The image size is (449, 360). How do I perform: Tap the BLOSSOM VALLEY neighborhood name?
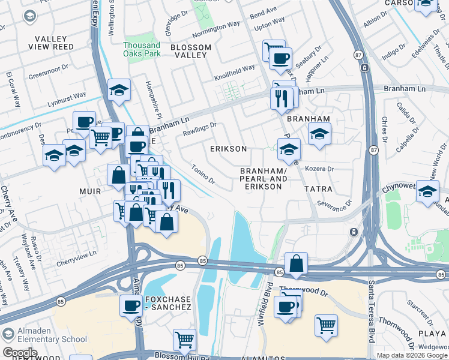pos(191,51)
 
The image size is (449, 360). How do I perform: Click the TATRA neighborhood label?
pos(318,189)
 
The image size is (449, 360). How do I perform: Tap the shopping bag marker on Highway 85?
pos(297,263)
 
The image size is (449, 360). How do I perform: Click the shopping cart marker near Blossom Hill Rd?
pos(184,340)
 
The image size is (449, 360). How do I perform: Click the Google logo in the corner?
pos(19,352)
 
